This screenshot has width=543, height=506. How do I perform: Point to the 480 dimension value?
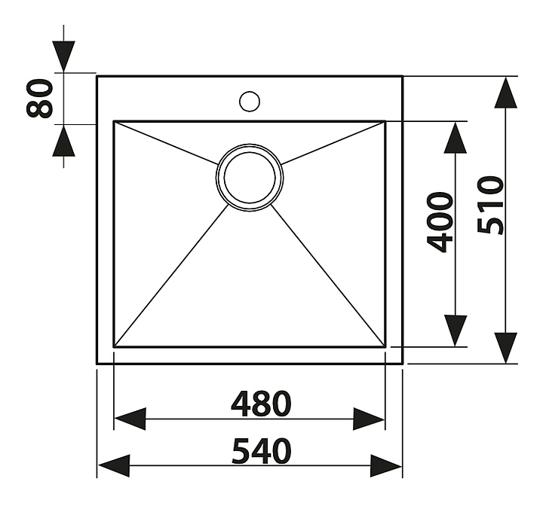point(260,404)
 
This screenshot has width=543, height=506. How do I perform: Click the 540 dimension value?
point(260,452)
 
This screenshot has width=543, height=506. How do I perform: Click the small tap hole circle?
point(250,100)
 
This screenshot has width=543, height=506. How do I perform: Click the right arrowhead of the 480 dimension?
point(370,419)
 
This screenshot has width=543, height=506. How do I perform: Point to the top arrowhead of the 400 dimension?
point(455,139)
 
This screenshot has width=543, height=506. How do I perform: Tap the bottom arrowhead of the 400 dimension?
point(455,331)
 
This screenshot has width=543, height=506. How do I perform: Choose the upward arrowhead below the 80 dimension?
point(63,140)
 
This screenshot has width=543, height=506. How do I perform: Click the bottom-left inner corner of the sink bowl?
point(115,346)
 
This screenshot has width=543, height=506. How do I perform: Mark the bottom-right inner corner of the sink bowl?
point(385,346)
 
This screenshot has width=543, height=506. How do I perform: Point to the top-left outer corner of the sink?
point(97,76)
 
